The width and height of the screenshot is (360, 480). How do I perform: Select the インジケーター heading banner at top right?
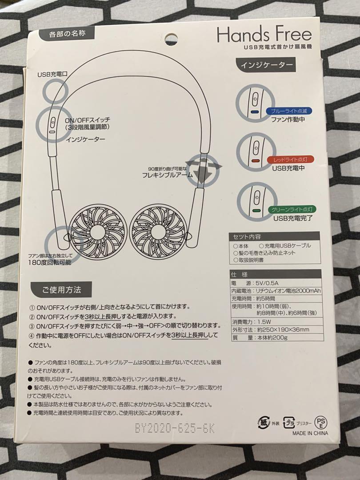coord(267,65)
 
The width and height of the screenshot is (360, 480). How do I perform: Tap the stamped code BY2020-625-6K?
coord(175,428)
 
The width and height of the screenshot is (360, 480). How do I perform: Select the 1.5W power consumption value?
coord(264,321)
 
